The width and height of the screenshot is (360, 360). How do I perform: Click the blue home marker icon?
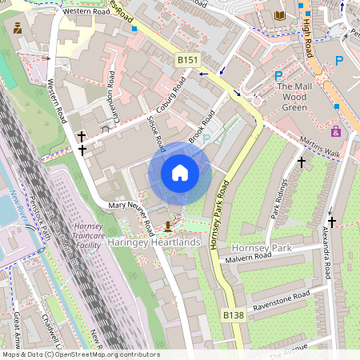(x=180, y=173)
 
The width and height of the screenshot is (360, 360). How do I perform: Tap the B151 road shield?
(x=186, y=59)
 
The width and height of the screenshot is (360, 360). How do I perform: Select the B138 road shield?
(x=233, y=316)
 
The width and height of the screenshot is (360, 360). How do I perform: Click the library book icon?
(x=279, y=15)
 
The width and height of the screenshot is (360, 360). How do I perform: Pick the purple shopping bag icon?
(x=335, y=131)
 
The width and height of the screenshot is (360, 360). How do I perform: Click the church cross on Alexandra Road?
(x=331, y=222)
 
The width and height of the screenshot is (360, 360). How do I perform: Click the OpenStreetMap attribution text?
(x=80, y=354)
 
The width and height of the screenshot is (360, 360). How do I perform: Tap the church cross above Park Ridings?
(x=302, y=162)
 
